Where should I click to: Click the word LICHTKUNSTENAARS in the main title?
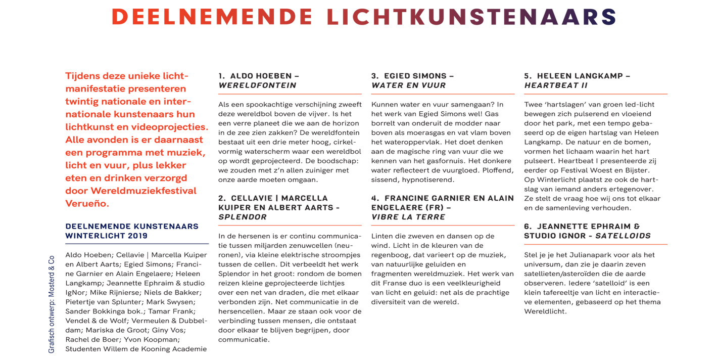(x=472, y=17)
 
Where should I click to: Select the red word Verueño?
(x=87, y=204)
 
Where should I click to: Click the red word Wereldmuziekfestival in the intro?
(x=144, y=191)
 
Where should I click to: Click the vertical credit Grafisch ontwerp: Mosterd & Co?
(x=51, y=304)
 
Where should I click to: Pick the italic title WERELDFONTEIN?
(x=257, y=85)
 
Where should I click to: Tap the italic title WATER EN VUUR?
(x=409, y=85)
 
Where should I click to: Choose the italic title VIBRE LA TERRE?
(x=408, y=217)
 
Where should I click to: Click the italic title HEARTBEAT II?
(x=556, y=85)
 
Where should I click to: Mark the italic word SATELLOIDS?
(x=623, y=236)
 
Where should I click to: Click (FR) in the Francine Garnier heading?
(x=432, y=207)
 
